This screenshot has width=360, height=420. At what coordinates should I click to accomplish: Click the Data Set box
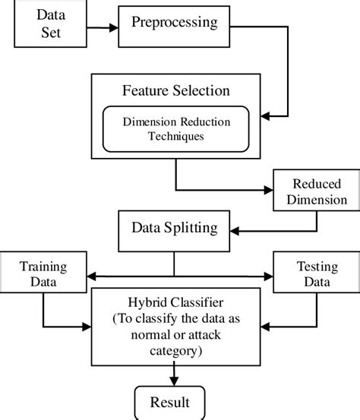click(50, 24)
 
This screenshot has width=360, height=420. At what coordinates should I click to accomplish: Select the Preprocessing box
click(174, 27)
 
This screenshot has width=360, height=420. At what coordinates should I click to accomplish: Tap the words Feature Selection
click(176, 90)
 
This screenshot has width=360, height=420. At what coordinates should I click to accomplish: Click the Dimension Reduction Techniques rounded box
click(176, 129)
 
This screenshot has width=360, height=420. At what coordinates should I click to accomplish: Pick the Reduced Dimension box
click(317, 190)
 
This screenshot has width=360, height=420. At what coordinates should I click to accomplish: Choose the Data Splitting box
click(174, 231)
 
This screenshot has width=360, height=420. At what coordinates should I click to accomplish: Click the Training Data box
click(43, 272)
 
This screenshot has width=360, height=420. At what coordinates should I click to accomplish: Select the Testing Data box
click(317, 272)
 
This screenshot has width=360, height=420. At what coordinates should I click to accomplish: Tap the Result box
click(170, 403)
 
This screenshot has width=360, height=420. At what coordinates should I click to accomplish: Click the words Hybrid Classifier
click(175, 303)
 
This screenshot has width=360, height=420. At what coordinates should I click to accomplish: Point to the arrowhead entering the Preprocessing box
click(114, 27)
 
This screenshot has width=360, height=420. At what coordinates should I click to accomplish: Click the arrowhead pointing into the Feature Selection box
click(265, 116)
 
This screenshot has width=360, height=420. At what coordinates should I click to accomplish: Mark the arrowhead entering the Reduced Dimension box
click(268, 190)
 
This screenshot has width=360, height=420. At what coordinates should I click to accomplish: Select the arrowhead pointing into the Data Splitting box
click(235, 231)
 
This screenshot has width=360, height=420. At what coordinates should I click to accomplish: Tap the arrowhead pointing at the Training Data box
click(92, 276)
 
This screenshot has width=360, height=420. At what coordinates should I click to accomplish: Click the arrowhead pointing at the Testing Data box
click(268, 276)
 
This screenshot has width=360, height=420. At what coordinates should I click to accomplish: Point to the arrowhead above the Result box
click(174, 381)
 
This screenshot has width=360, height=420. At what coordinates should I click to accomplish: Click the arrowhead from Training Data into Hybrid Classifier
click(87, 327)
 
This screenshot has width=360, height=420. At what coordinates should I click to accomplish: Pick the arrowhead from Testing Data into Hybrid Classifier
click(265, 327)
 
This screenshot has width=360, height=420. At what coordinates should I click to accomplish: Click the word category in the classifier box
click(176, 351)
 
